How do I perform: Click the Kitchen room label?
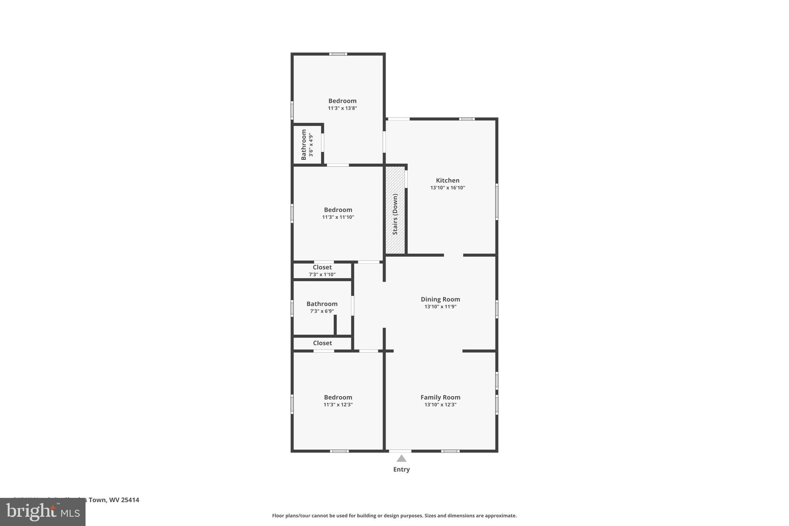(x=447, y=180)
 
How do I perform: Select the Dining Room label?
(x=440, y=299)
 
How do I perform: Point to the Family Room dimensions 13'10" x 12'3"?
(x=440, y=405)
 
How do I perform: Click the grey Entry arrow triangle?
(x=401, y=459)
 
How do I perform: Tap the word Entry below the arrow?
(x=401, y=469)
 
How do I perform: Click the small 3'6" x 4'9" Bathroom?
(x=307, y=145)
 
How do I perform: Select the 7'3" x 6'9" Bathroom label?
(x=322, y=304)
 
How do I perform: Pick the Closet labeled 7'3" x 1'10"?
(x=322, y=271)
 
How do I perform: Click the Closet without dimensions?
(x=322, y=343)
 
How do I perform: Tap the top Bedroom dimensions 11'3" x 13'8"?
(x=342, y=108)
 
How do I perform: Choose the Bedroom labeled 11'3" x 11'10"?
(x=338, y=213)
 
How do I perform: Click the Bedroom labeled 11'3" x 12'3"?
(x=338, y=401)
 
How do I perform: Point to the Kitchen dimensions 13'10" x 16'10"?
(x=447, y=188)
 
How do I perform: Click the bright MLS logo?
(x=42, y=512)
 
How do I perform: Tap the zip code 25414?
(x=130, y=500)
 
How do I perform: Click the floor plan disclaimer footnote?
(x=394, y=516)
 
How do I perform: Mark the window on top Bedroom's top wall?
(x=338, y=54)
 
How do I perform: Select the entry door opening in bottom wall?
(x=400, y=451)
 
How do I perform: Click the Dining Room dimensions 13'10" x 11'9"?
(x=440, y=307)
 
